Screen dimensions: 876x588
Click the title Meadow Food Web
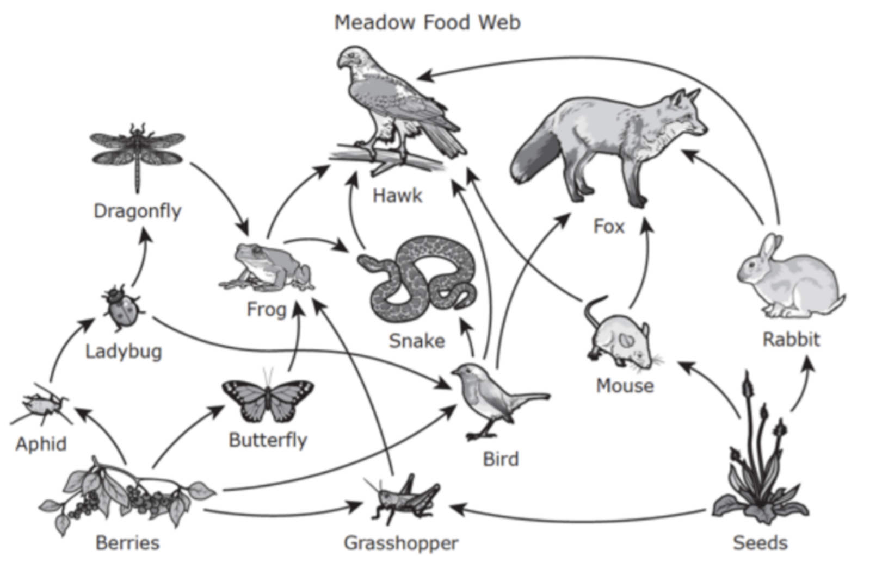[428, 22]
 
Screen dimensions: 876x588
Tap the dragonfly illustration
[137, 157]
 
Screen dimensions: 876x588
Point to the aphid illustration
[40, 405]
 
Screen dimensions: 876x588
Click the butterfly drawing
[268, 398]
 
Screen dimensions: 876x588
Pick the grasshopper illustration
[403, 498]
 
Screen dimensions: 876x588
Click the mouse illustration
[622, 336]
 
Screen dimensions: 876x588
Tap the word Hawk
[397, 195]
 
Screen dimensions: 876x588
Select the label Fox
[609, 227]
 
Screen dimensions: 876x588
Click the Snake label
[417, 341]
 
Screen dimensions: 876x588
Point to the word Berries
[127, 543]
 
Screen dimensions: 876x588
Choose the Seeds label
[760, 543]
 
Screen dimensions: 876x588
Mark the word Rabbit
[791, 339]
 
